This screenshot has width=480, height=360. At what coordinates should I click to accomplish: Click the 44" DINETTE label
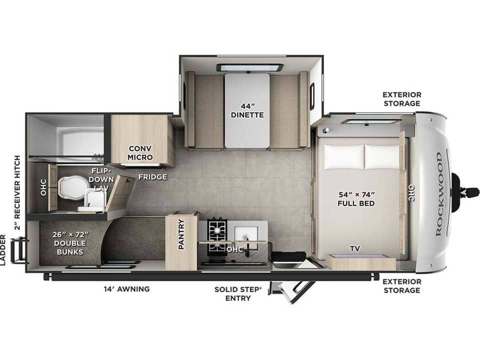247,110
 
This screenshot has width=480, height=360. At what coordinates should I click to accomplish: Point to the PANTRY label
181,234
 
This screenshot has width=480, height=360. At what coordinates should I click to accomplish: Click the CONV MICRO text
140,153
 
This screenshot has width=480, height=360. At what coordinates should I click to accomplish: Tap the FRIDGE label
153,177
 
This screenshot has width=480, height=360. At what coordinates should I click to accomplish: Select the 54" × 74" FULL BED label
356,199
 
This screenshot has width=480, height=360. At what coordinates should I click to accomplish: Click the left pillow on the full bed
344,156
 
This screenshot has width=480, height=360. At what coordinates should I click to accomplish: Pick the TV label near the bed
355,248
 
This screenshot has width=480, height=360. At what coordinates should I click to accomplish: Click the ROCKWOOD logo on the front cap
439,194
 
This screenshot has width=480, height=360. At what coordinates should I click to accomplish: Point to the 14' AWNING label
126,288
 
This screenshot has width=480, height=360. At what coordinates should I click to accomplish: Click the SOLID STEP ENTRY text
238,294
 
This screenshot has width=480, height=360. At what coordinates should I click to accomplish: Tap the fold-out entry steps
290,291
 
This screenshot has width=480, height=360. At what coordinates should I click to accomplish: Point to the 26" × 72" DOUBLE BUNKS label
70,243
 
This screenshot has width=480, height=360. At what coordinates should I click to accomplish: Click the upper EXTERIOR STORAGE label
402,99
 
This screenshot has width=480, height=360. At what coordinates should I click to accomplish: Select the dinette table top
247,110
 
